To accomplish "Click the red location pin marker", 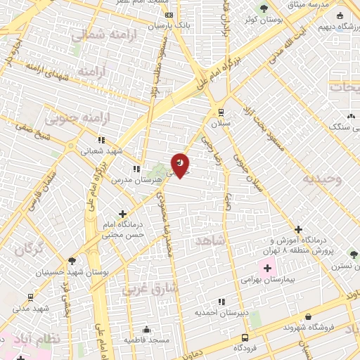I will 180,164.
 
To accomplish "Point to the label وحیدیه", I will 323,179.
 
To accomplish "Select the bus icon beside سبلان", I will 221,112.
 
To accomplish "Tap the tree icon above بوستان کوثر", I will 263,8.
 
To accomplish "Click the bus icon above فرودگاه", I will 243,337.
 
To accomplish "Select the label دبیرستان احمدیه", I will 219,312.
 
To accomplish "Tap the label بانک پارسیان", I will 169,26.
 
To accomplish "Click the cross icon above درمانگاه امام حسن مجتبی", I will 123,213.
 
